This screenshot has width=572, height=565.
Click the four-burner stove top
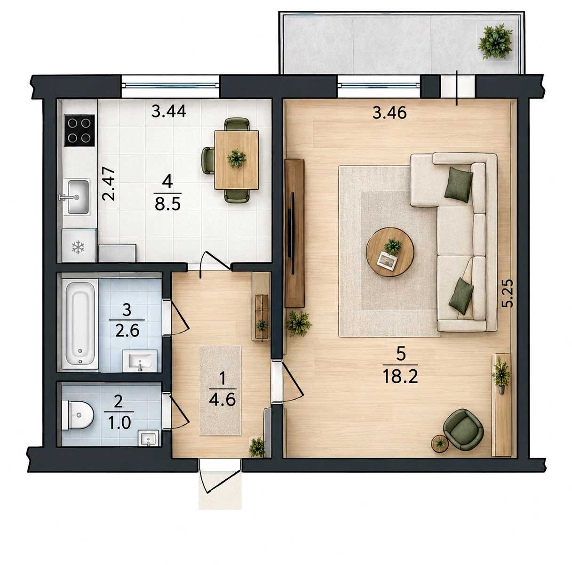(x=79, y=130)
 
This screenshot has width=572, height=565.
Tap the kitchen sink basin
(x=78, y=196)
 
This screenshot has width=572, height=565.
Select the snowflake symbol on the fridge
(x=78, y=247)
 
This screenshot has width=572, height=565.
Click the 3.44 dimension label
(x=168, y=112)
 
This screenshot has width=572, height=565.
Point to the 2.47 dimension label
(x=108, y=184)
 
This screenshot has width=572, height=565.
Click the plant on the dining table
(x=236, y=158)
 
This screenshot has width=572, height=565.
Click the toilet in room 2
(x=77, y=415)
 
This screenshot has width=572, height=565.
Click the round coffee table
(x=390, y=252)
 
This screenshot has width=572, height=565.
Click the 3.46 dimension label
(x=389, y=113)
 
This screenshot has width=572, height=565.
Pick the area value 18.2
(x=400, y=377)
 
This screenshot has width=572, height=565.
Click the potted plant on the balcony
(x=495, y=42)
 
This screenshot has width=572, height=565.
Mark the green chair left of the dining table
(x=208, y=160)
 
